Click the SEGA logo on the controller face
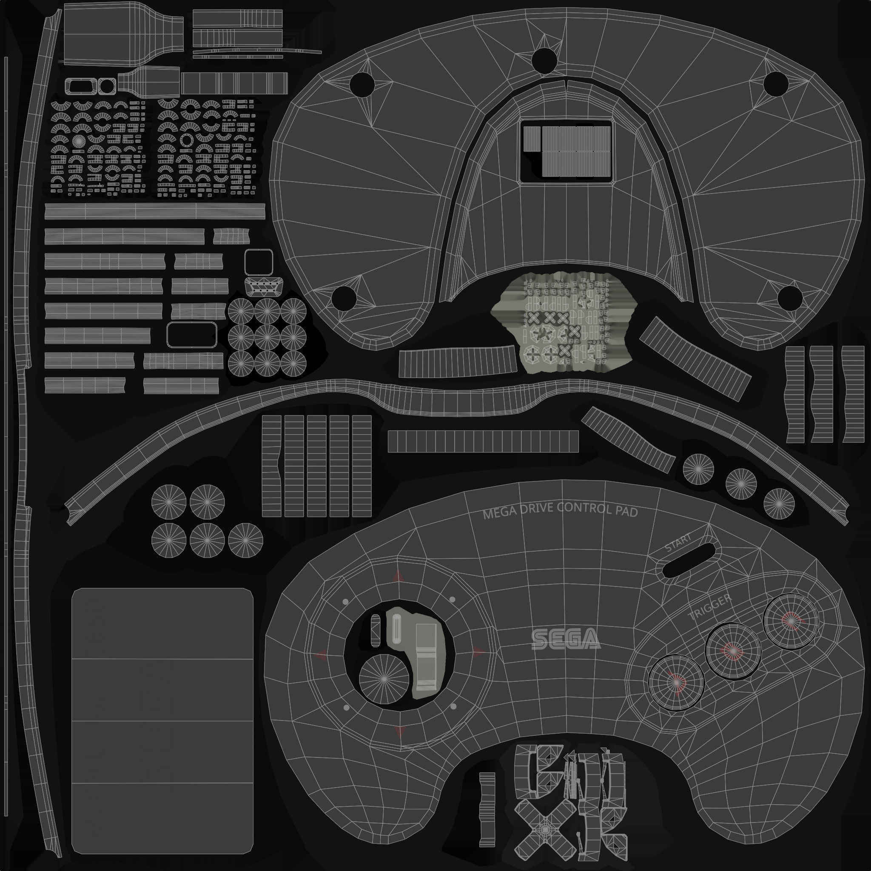point(566,639)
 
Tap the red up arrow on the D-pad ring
point(398,576)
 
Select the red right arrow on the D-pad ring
point(478,652)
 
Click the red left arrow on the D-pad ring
point(322,654)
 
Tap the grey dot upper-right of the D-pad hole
point(452,599)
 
